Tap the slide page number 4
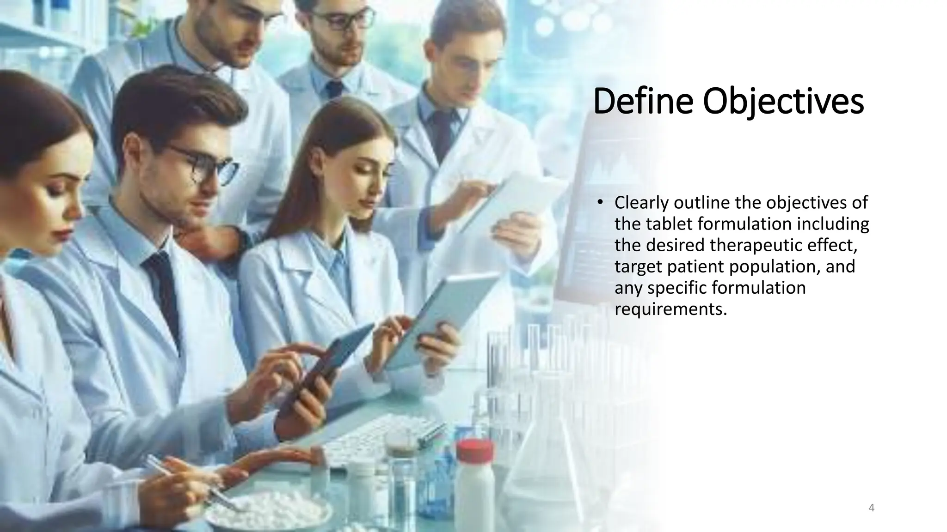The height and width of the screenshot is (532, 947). click(x=872, y=508)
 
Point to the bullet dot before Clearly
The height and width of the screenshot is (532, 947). click(x=600, y=203)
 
